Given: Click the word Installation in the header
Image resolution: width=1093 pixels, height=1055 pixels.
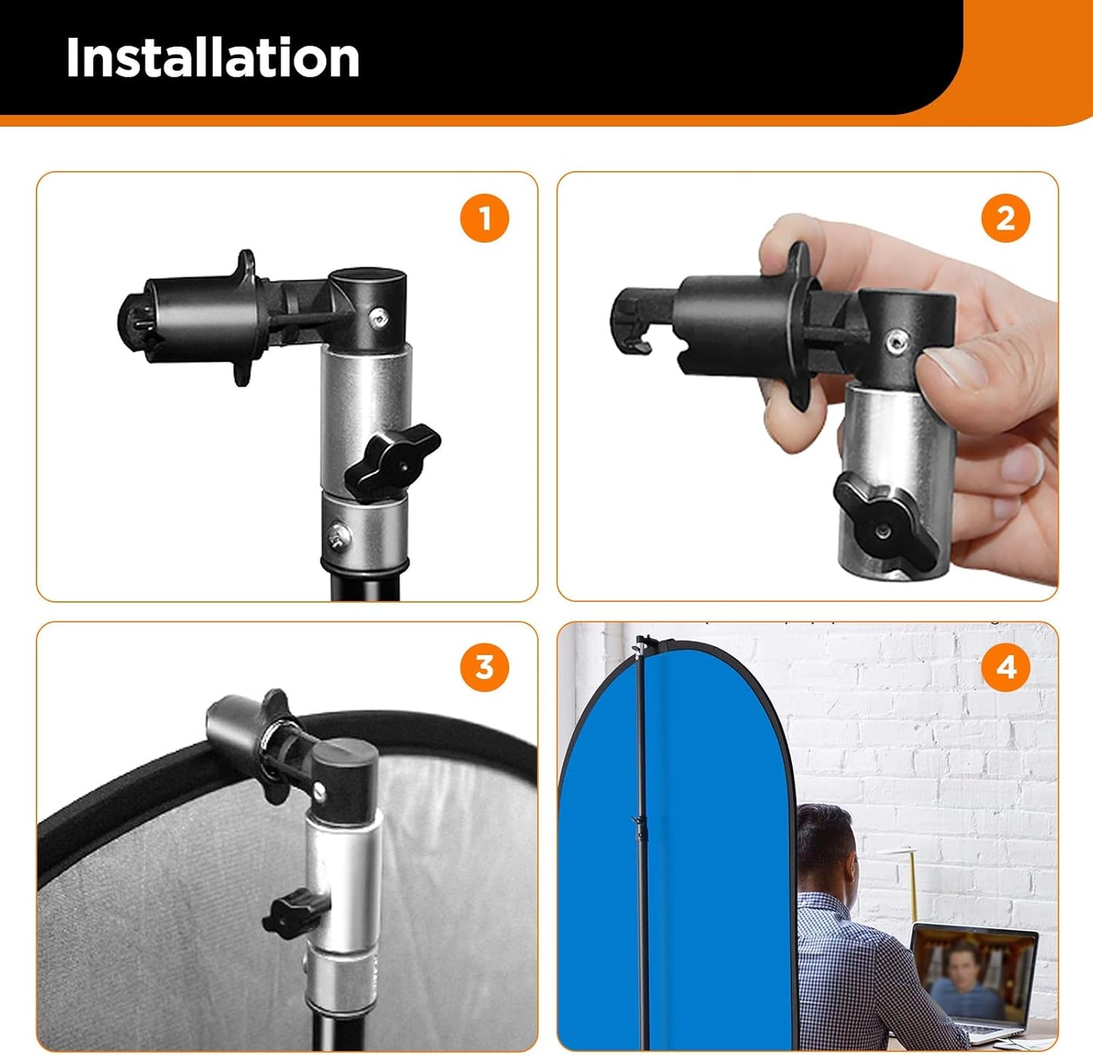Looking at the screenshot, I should [x=213, y=58].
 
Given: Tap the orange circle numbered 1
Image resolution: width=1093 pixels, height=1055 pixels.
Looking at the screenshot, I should [x=484, y=219].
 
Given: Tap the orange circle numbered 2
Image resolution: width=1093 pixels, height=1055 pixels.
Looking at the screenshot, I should [x=1005, y=219].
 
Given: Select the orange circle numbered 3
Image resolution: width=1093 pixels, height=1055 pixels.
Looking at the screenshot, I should [x=484, y=668].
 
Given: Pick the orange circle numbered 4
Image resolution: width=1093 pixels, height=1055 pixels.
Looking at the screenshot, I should [x=1005, y=668].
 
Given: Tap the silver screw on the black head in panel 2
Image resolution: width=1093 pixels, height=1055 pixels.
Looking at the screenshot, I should [x=897, y=343].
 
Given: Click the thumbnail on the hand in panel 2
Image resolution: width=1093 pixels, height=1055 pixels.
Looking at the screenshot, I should [x=955, y=368].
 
